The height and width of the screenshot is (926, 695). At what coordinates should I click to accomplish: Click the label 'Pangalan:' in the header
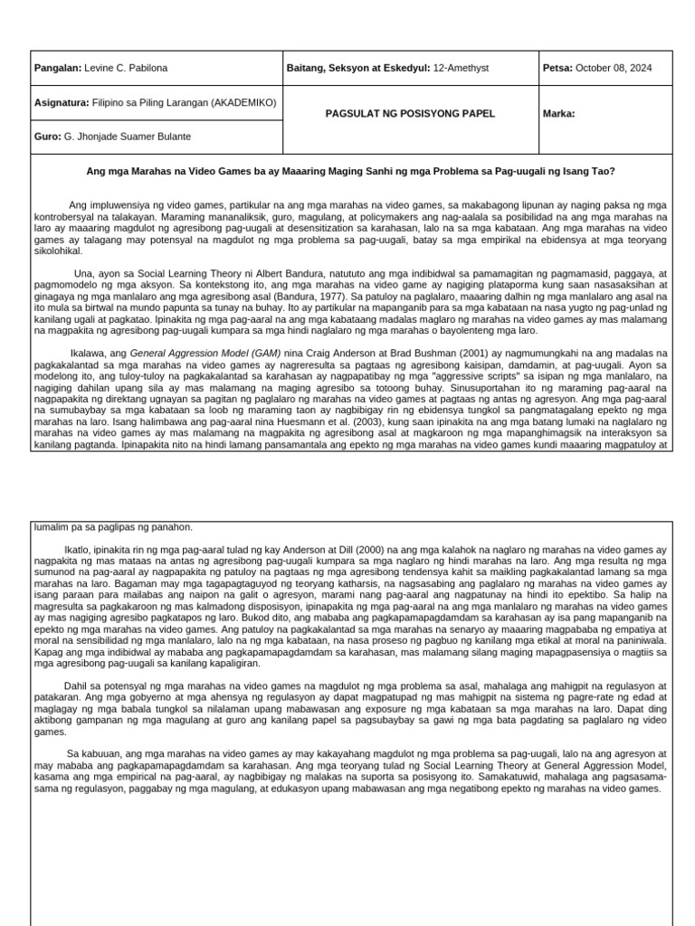(57, 69)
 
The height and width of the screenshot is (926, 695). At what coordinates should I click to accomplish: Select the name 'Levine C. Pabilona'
(126, 69)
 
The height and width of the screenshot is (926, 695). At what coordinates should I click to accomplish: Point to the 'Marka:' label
(558, 114)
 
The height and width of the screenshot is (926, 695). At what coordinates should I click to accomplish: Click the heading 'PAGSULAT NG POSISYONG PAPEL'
(411, 114)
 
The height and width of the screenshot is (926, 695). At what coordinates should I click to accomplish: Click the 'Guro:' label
(48, 137)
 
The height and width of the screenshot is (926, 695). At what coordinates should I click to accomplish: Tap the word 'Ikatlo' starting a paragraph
(78, 550)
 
